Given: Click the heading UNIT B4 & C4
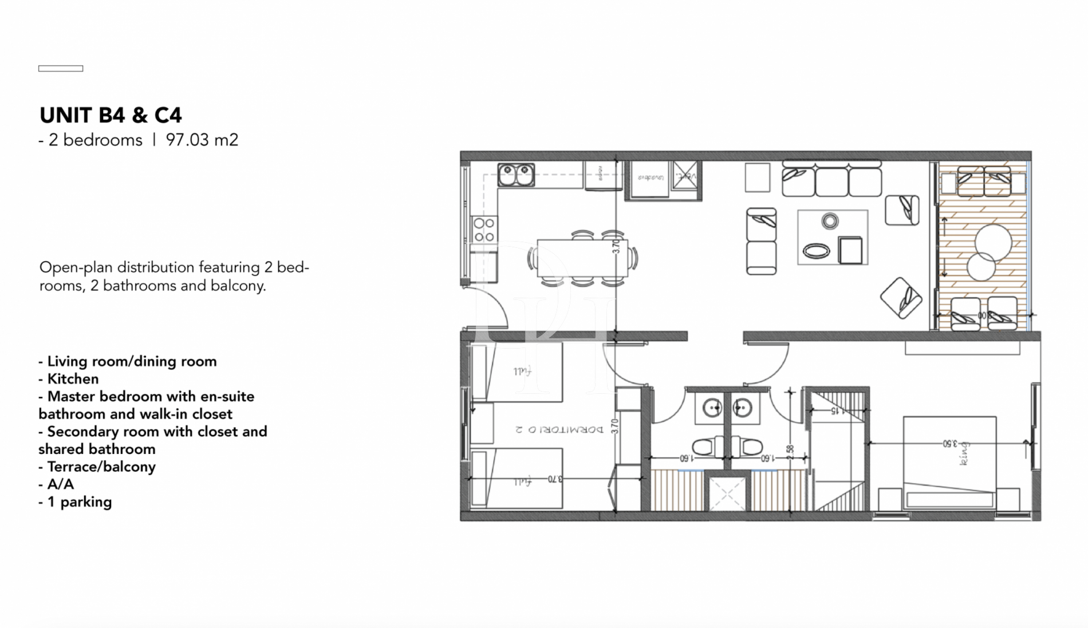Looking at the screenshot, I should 111,116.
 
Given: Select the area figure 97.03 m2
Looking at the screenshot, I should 202,140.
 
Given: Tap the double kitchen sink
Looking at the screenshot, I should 516,175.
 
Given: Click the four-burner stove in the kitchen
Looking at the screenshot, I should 484,230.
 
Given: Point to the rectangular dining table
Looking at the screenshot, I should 582,258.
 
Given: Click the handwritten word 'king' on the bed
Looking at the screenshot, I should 964,453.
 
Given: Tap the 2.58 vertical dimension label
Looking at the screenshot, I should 790,452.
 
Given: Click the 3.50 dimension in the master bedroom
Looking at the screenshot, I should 951,443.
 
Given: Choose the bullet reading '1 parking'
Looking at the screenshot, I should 79,502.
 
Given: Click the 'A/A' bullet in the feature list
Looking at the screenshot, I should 60,484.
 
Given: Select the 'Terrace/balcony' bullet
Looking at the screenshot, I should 101,467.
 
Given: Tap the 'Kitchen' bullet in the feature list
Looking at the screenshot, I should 73,379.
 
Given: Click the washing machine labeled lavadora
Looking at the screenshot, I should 650,178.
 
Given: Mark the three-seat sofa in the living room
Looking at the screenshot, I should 831,179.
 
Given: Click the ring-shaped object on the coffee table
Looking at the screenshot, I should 830,221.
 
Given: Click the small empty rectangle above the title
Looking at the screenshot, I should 61,69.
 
